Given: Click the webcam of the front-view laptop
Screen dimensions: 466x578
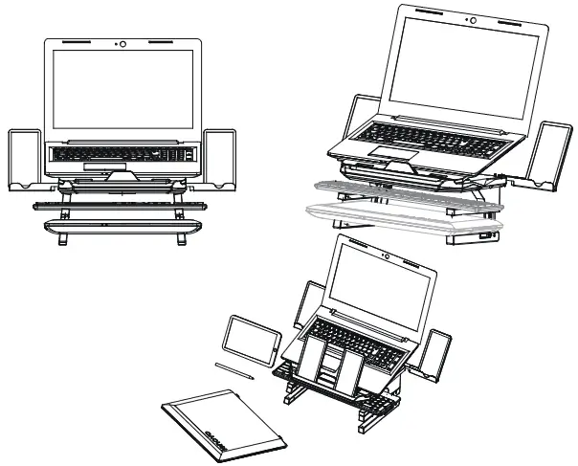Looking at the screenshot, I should [x=122, y=43].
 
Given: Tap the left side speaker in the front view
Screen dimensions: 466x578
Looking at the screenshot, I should [x=24, y=159].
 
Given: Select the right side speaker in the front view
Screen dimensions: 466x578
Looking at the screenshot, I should [x=220, y=159].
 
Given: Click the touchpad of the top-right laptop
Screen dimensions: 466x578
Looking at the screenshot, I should [x=389, y=152].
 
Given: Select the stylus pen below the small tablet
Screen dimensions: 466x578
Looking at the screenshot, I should [x=234, y=370].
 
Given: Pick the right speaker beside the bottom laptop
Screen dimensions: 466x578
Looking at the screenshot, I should [x=436, y=351].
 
